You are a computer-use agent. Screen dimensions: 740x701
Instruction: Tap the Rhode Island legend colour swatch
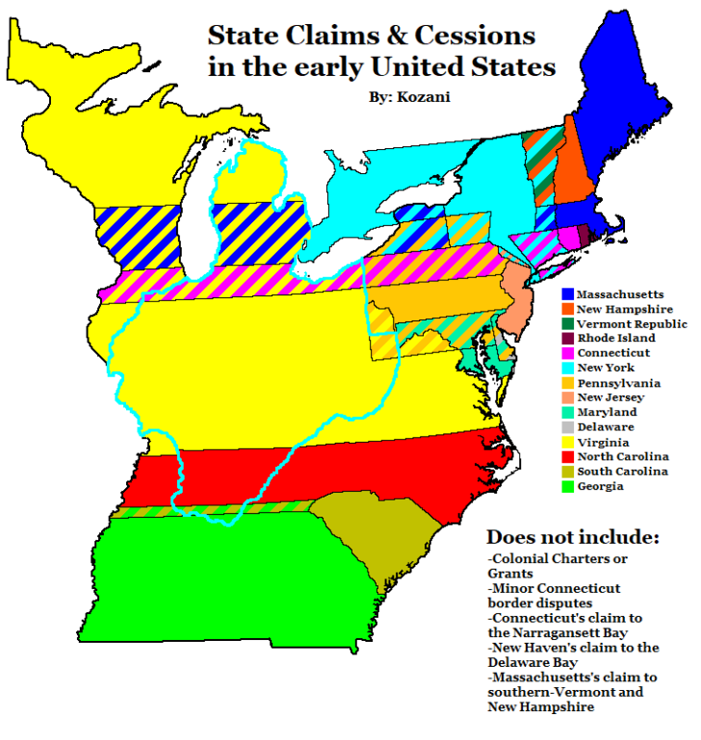(x=567, y=339)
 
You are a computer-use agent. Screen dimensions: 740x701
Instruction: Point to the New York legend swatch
(x=567, y=369)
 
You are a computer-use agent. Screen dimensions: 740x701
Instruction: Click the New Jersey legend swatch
(x=567, y=397)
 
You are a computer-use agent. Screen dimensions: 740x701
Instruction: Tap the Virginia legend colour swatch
(x=567, y=442)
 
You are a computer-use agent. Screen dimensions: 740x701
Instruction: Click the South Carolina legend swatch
(x=567, y=472)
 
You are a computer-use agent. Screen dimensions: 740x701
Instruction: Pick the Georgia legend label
(x=602, y=486)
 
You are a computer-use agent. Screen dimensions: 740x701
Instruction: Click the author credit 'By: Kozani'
(x=410, y=97)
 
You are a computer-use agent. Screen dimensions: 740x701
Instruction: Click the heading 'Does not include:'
(x=572, y=537)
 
